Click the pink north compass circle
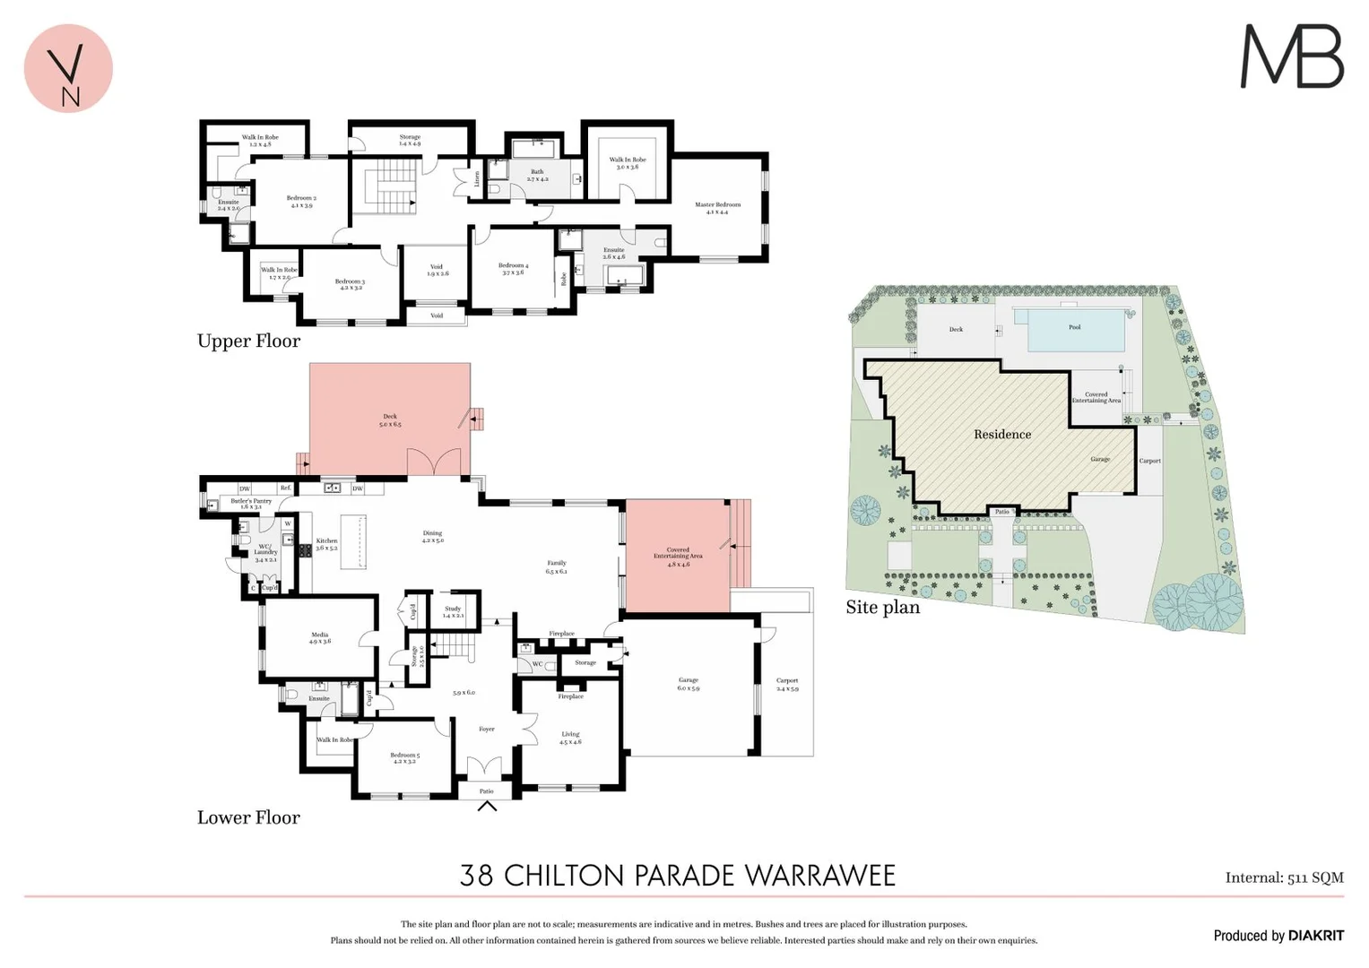pyautogui.click(x=68, y=68)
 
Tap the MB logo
pyautogui.click(x=1291, y=56)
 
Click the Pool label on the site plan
pyautogui.click(x=1074, y=327)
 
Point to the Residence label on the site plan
pyautogui.click(x=1001, y=435)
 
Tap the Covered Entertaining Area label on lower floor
pyautogui.click(x=678, y=553)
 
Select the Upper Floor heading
pyautogui.click(x=248, y=341)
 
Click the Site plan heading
pyautogui.click(x=882, y=607)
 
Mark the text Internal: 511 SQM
pyautogui.click(x=1284, y=877)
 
